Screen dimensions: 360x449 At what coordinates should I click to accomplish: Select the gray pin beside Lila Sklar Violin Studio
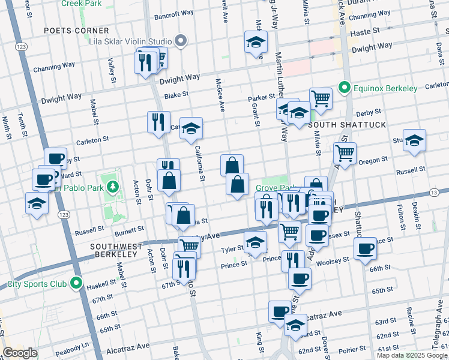pyautogui.click(x=181, y=41)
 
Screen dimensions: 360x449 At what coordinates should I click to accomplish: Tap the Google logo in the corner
pyautogui.click(x=20, y=353)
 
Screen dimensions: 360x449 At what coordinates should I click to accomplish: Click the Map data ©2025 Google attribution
pyautogui.click(x=412, y=355)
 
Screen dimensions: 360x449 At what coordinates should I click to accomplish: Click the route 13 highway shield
pyautogui.click(x=433, y=193)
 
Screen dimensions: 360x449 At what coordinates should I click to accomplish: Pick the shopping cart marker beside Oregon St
pyautogui.click(x=345, y=154)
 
